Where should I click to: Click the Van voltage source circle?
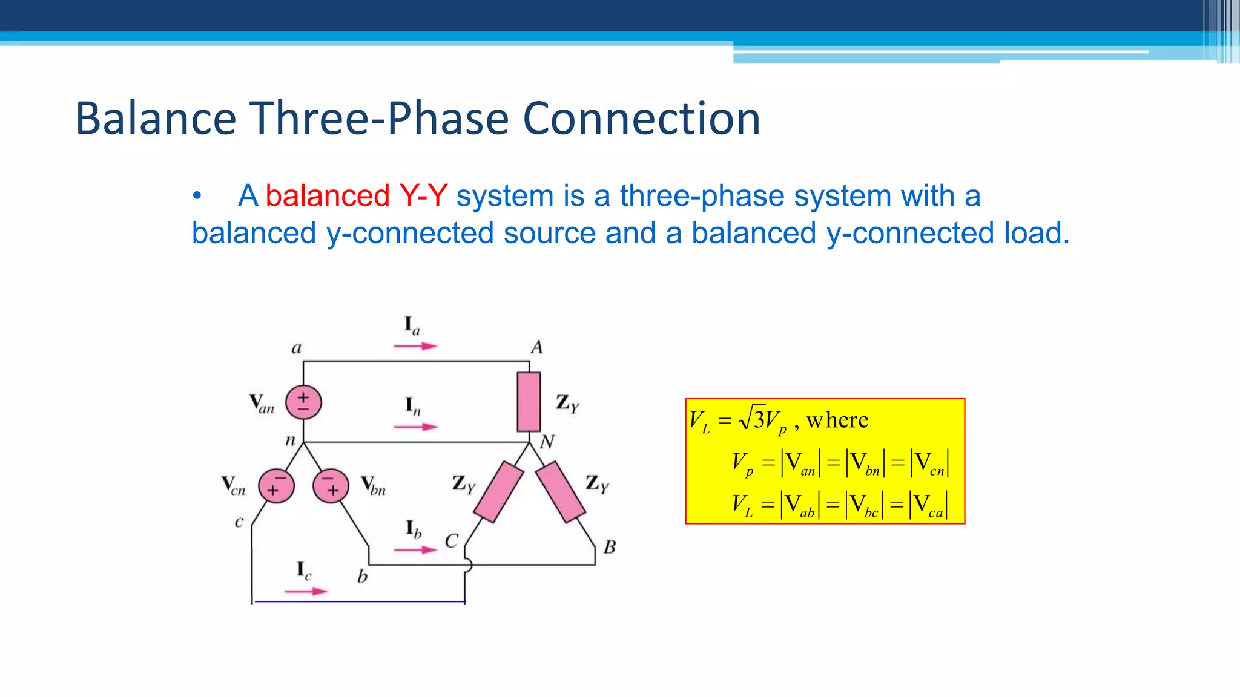point(303,402)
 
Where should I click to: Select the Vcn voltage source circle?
point(276,486)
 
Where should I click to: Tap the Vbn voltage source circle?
point(331,486)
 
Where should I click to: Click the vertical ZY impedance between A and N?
point(529,402)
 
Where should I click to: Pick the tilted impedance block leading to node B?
point(561,492)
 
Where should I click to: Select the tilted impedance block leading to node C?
point(498,492)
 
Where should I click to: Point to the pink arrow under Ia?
point(415,346)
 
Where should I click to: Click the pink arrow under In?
point(415,427)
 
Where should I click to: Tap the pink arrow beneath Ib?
point(415,550)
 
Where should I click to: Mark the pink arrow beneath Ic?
point(306,591)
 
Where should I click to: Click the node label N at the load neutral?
point(547,442)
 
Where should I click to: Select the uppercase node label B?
point(610,547)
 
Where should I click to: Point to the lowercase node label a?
point(296,348)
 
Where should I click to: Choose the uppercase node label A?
point(536,347)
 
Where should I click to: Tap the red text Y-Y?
point(423,196)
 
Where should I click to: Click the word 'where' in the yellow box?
point(837,420)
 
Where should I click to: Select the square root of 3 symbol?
point(753,418)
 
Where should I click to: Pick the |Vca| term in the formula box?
point(929,505)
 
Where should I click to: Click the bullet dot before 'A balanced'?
point(196,196)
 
